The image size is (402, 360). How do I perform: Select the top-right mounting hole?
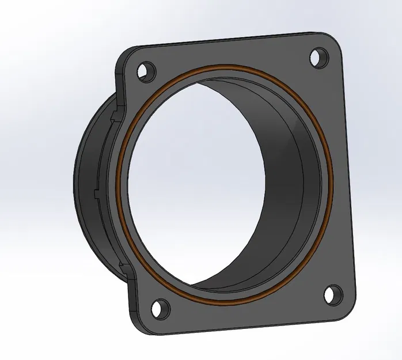(318, 57)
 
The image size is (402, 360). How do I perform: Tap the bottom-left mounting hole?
(160, 308)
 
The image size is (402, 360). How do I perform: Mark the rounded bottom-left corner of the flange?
(141, 328)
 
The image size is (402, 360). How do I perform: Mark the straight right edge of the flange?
(348, 173)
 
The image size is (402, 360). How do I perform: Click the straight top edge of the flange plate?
(230, 40)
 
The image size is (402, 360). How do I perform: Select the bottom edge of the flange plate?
(242, 333)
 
